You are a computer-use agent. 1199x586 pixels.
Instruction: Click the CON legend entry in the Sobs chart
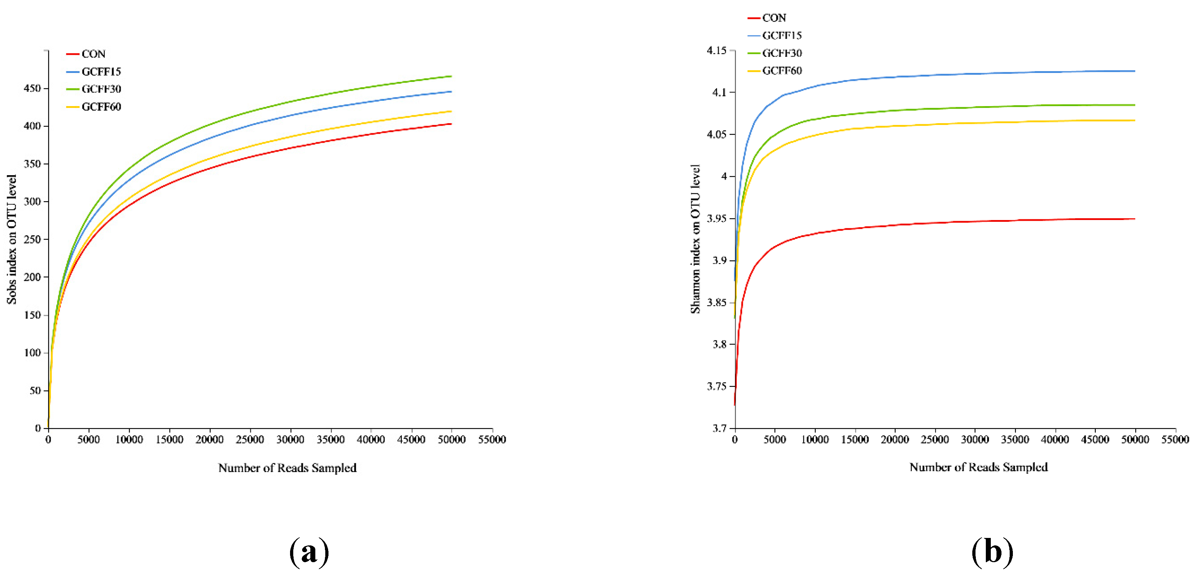[93, 54]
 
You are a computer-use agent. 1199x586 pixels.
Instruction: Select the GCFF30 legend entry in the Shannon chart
[782, 53]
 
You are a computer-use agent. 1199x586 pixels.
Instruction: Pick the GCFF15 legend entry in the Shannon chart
[782, 35]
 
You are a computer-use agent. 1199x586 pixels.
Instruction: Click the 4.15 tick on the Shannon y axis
[716, 50]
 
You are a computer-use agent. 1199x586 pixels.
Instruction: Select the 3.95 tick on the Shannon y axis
[716, 218]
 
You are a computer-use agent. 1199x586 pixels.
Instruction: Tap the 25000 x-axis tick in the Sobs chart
[250, 439]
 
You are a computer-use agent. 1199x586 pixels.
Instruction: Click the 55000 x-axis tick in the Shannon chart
[1175, 439]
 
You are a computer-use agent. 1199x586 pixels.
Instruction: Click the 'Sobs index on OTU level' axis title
[12, 239]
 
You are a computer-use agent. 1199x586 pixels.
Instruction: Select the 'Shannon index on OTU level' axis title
[695, 239]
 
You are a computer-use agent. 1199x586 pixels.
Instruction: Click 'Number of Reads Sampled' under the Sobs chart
[287, 468]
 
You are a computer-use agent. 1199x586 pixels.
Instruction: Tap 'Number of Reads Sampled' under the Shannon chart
[978, 467]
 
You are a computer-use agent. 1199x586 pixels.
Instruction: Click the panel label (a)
[309, 552]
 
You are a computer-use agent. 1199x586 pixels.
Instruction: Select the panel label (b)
[992, 552]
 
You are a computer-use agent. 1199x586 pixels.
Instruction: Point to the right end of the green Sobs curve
[451, 76]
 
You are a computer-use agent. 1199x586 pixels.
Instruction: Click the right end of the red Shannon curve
[1134, 219]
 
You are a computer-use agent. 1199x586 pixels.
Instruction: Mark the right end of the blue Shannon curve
[1134, 71]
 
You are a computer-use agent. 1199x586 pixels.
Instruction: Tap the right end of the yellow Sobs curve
[451, 111]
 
